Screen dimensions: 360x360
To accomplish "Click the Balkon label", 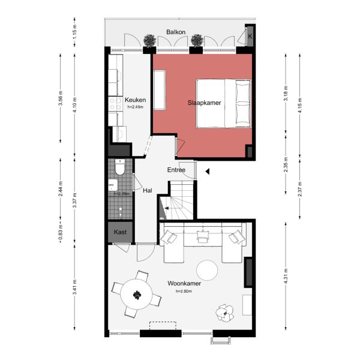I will [x=176, y=31].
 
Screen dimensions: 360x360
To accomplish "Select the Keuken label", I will [x=135, y=100].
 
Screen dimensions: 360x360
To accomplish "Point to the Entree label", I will [x=176, y=170].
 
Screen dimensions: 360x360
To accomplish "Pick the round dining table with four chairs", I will [x=137, y=295].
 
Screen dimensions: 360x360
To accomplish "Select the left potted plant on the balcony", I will [x=149, y=40].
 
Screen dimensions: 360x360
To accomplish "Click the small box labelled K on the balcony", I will [x=250, y=35].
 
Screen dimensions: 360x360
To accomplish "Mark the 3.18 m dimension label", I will [x=286, y=96].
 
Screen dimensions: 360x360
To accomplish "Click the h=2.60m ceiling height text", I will [x=184, y=291].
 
